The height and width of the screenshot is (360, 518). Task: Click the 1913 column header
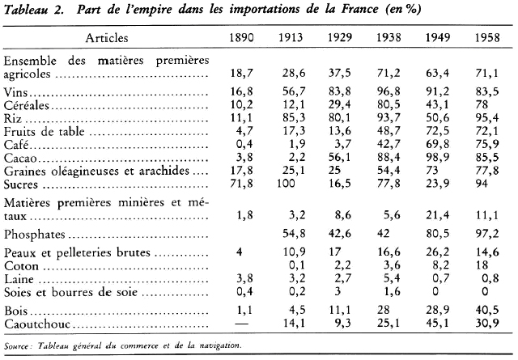coord(291,38)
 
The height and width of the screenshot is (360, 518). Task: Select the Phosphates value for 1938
coord(390,233)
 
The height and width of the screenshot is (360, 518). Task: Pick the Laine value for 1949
coord(441,277)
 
